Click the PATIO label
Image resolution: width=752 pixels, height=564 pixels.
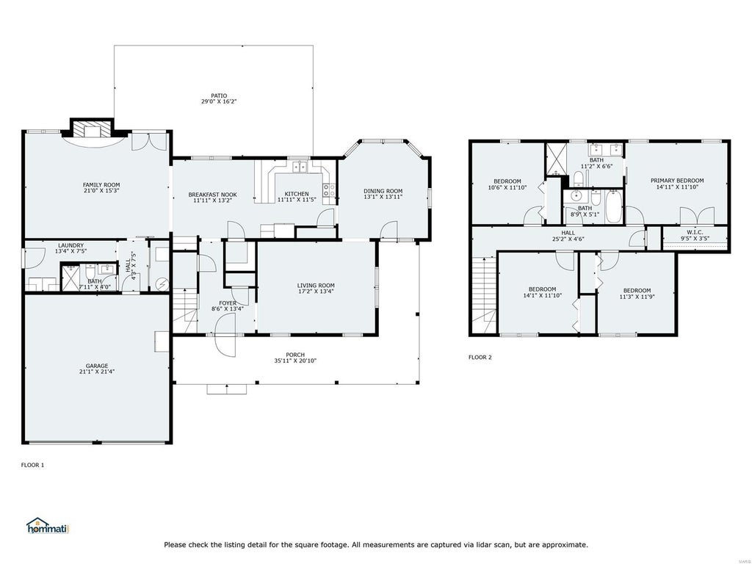click(x=219, y=96)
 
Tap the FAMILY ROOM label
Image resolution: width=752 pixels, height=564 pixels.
click(x=101, y=184)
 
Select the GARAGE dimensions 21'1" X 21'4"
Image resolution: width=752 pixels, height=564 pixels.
click(x=97, y=372)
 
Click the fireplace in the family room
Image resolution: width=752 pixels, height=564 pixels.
click(x=92, y=129)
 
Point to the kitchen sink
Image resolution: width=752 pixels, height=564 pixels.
click(x=300, y=167)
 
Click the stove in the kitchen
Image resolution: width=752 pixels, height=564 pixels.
click(x=329, y=190)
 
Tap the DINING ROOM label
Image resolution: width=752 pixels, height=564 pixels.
click(x=383, y=191)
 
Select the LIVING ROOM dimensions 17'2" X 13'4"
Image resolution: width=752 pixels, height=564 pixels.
click(x=316, y=292)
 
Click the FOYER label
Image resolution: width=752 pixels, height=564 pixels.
click(x=228, y=303)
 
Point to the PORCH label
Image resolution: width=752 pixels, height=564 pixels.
click(x=295, y=355)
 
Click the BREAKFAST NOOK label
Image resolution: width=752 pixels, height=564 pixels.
click(x=212, y=195)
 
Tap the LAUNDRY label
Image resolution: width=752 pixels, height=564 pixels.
click(x=70, y=245)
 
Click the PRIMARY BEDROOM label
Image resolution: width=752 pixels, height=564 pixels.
click(x=677, y=181)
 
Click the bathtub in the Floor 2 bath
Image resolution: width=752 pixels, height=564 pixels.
click(x=613, y=206)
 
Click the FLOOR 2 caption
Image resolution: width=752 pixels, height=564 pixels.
click(x=480, y=358)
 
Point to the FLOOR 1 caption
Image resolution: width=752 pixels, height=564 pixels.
click(x=32, y=465)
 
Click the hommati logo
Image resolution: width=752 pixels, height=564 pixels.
click(x=48, y=526)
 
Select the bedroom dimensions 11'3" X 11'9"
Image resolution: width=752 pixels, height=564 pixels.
click(x=637, y=297)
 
